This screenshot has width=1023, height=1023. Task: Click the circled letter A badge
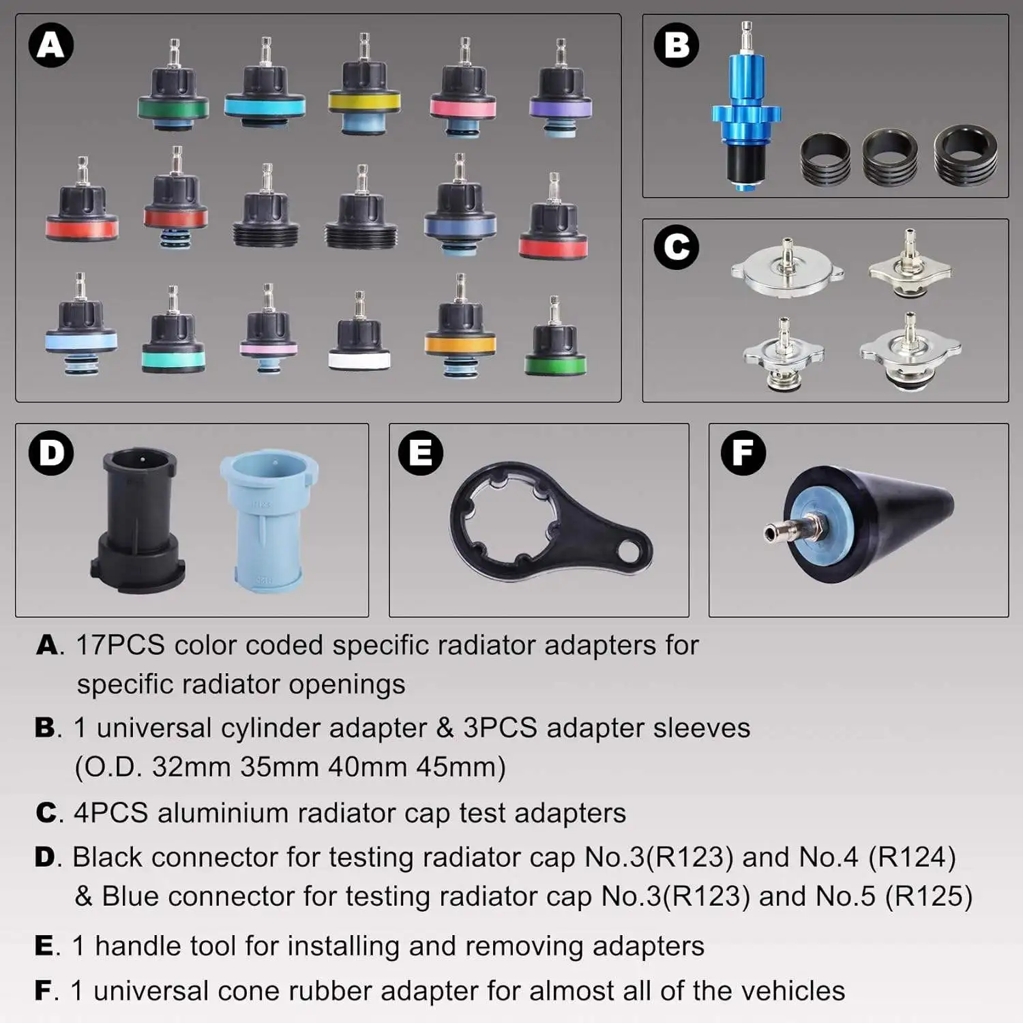[51, 45]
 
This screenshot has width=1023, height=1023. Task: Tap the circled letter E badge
[420, 453]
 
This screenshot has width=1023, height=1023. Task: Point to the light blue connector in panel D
[269, 520]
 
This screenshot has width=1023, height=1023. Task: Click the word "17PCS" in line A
[120, 645]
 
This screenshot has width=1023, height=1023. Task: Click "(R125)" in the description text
[928, 896]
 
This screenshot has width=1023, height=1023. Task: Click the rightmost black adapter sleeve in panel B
[966, 155]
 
